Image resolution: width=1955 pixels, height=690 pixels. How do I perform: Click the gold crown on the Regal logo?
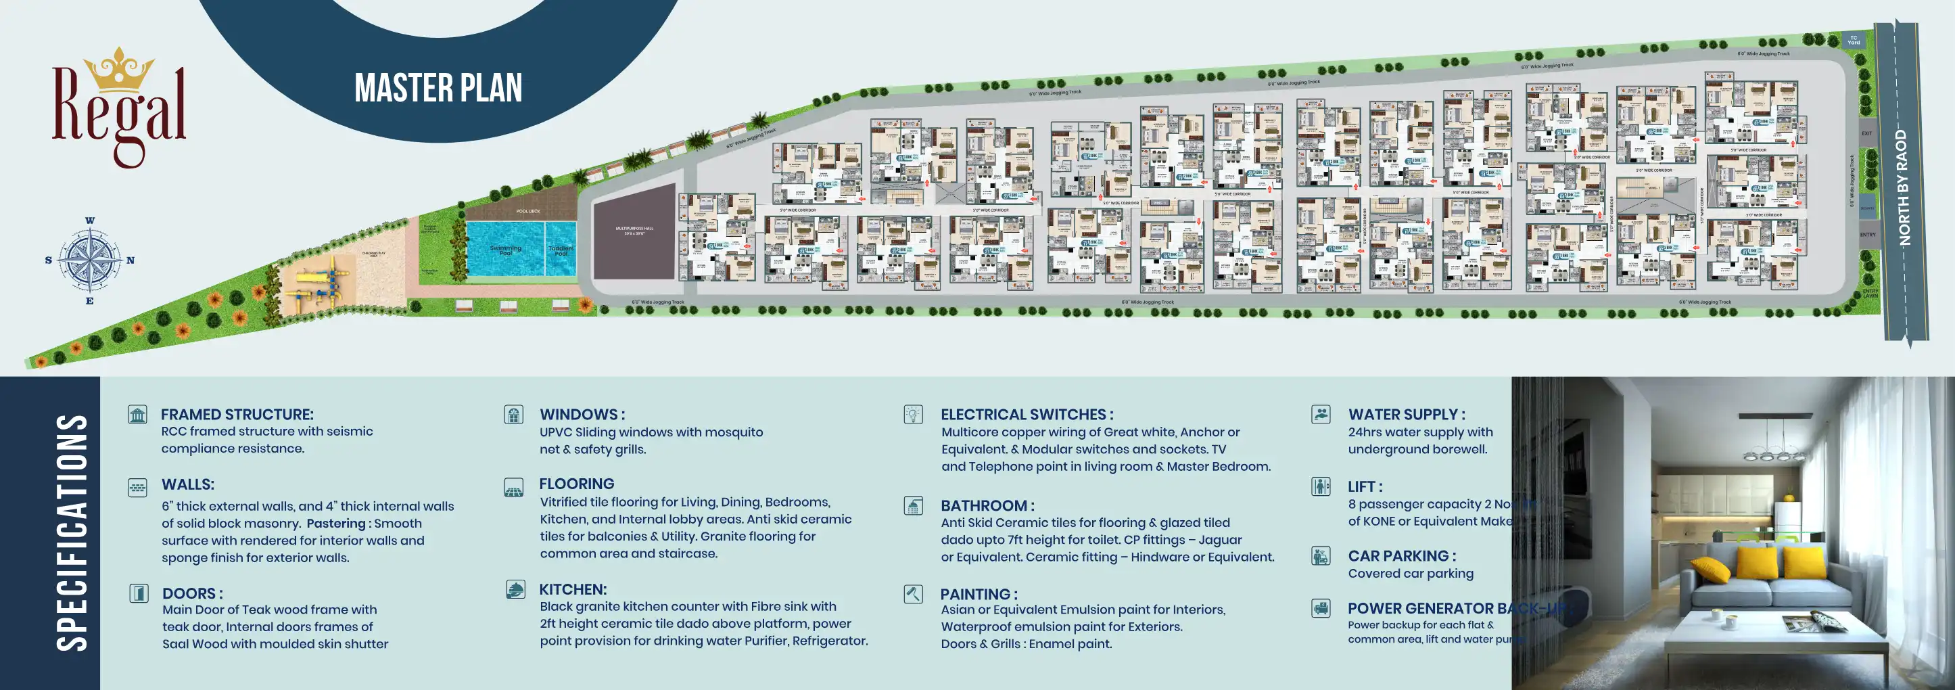(x=119, y=70)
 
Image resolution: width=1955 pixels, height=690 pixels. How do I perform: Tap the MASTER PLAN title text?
(x=438, y=88)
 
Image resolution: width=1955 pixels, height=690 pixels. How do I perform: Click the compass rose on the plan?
(x=89, y=260)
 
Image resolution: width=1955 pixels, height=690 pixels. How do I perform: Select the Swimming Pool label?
(x=505, y=249)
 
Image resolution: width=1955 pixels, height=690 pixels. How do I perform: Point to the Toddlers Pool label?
(x=561, y=250)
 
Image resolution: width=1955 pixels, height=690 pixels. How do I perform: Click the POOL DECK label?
(x=528, y=211)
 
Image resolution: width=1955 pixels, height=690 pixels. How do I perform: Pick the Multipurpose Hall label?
(x=634, y=230)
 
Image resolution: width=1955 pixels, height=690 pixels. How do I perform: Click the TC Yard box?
(x=1854, y=40)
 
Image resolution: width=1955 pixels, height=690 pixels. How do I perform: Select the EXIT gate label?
(x=1866, y=133)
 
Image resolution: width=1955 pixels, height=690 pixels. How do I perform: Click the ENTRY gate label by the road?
(x=1867, y=235)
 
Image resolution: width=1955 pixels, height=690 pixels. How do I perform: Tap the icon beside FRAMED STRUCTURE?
(x=137, y=415)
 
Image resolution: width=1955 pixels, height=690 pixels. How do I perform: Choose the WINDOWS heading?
(x=582, y=415)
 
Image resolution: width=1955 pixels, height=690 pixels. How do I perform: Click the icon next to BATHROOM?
(x=913, y=505)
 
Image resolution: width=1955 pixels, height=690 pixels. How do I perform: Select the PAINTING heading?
(x=979, y=595)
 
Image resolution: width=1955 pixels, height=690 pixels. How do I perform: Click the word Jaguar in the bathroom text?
(x=1220, y=540)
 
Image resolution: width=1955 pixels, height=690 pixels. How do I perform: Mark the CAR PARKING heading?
(x=1401, y=555)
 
